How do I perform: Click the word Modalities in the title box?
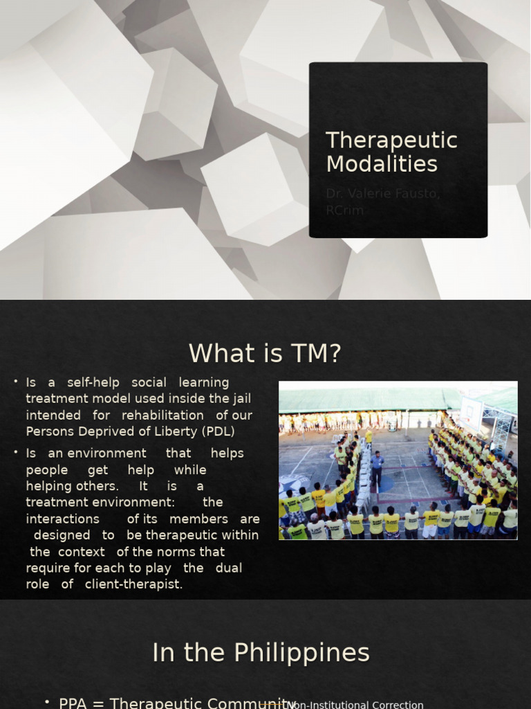382,164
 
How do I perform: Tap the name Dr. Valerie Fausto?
382,193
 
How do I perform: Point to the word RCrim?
344,210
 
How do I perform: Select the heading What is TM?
265,354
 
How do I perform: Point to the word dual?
229,568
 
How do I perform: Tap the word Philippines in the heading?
301,653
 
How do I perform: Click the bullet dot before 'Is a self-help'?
15,382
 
